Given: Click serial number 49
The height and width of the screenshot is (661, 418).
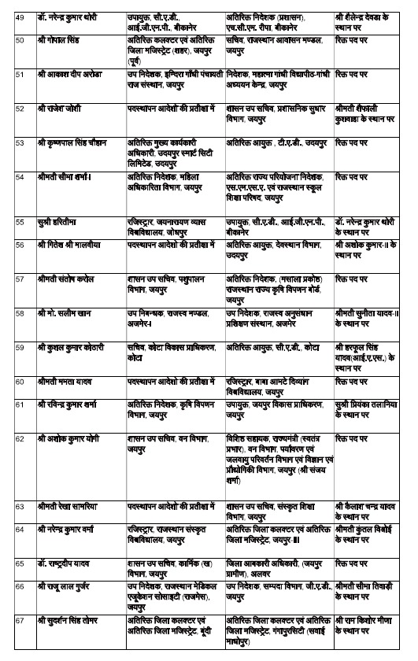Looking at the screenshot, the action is (19, 16).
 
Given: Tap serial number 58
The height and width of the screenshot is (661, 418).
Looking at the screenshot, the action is (19, 312).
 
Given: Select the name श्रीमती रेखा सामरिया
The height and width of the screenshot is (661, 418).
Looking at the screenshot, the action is (70, 504).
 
